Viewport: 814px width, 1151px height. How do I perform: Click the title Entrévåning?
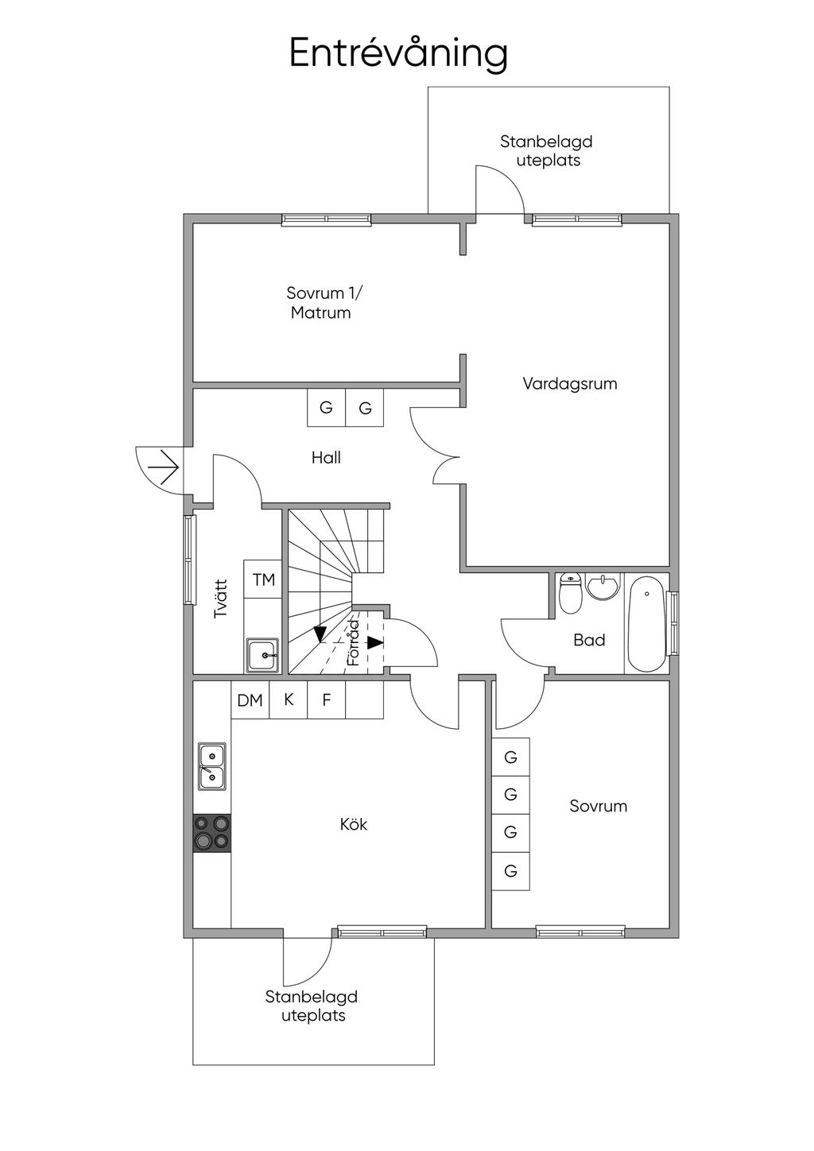click(398, 53)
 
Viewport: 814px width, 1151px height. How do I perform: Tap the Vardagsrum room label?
click(569, 384)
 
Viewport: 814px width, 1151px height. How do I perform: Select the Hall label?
click(326, 457)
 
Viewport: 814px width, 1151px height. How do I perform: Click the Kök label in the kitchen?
click(354, 824)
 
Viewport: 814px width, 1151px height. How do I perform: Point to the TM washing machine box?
click(263, 579)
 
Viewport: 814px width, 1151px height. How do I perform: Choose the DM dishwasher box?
click(250, 700)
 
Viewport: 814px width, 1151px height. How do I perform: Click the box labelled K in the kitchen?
click(289, 700)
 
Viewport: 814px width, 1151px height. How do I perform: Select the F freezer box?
click(326, 700)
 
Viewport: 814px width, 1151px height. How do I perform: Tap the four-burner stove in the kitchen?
click(212, 833)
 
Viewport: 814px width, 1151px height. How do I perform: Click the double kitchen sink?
click(212, 766)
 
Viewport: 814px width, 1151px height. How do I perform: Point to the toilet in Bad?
click(570, 593)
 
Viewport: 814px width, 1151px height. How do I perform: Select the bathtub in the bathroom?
click(645, 624)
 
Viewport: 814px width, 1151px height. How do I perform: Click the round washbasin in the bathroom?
click(603, 587)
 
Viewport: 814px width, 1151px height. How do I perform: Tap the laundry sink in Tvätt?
click(262, 655)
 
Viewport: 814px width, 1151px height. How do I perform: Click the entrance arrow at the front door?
click(165, 467)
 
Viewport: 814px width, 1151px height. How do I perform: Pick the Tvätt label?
click(221, 599)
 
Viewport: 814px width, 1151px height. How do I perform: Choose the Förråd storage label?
click(355, 642)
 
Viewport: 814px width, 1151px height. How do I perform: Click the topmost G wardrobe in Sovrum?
click(510, 757)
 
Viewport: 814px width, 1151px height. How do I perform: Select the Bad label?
click(589, 640)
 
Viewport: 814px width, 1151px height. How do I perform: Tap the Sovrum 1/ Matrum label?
click(321, 303)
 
